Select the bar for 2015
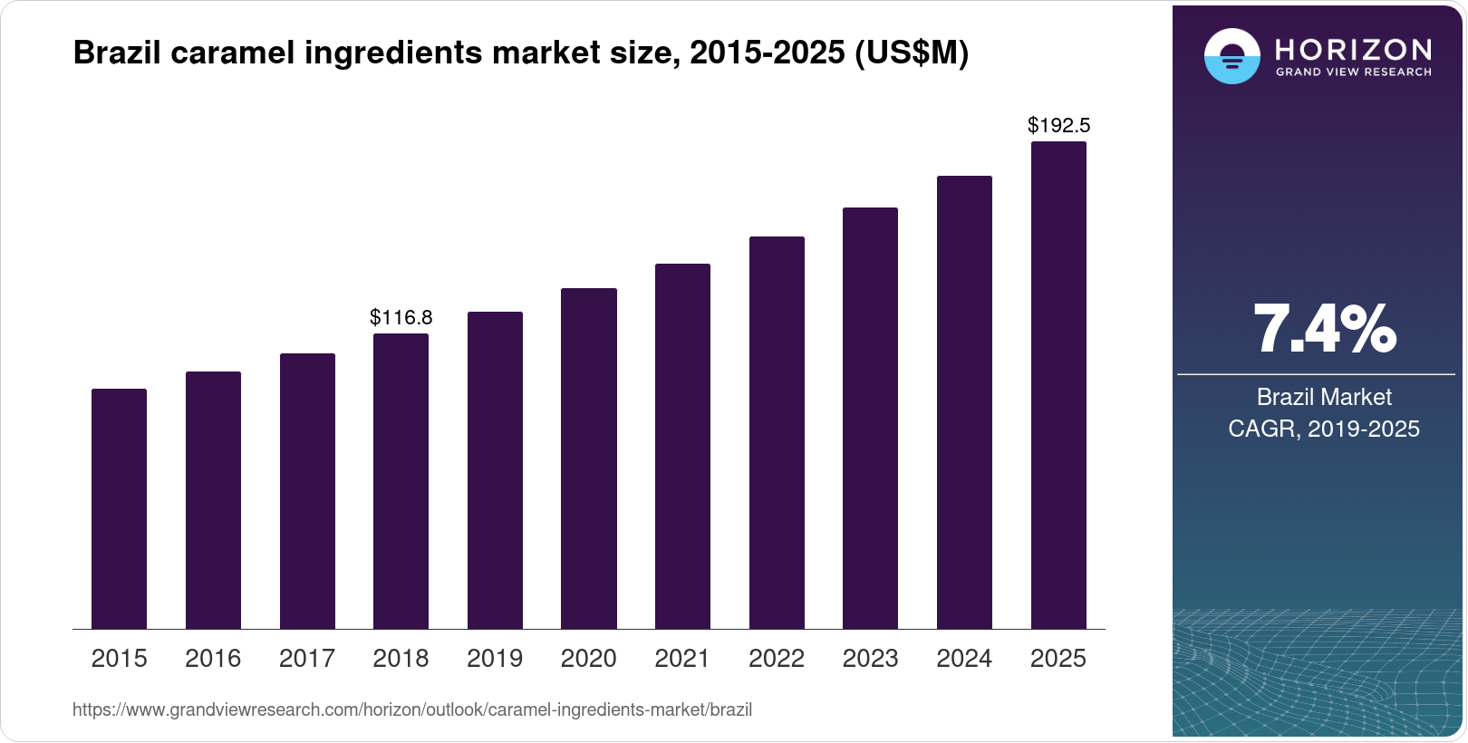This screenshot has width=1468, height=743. click(119, 508)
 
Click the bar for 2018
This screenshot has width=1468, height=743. click(401, 481)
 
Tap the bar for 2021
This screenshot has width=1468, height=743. click(682, 446)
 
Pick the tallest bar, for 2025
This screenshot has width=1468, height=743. click(1058, 385)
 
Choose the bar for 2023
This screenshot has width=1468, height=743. click(870, 418)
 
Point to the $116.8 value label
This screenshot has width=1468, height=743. click(401, 317)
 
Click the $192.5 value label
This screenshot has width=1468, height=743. click(1058, 125)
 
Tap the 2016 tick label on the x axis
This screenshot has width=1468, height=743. click(213, 658)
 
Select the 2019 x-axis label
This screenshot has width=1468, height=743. click(495, 658)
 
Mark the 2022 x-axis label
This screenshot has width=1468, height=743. click(777, 658)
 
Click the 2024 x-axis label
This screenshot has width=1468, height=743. click(964, 658)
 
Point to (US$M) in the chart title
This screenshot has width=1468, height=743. click(912, 53)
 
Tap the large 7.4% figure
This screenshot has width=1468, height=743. click(1324, 330)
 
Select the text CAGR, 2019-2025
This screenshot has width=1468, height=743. click(1324, 429)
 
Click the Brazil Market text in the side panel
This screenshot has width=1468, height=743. click(1324, 397)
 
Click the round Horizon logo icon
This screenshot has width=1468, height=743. click(1231, 56)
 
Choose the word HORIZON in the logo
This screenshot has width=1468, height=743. click(1353, 49)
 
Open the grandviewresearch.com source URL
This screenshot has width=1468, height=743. click(412, 709)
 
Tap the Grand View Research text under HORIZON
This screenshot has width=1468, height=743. click(1353, 72)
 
